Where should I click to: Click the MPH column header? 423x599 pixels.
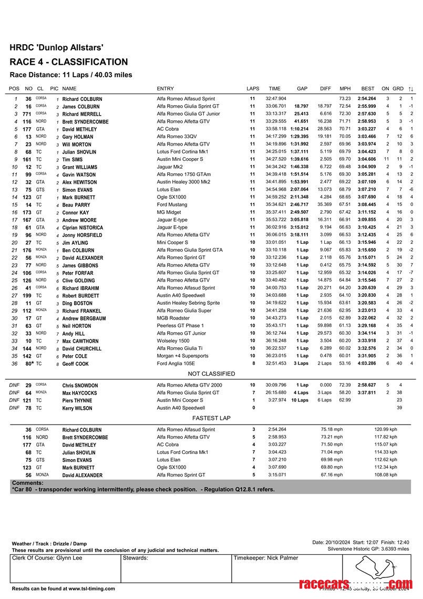(345, 89)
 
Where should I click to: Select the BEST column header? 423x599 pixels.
(368, 89)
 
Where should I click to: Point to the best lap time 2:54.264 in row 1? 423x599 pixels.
(367, 99)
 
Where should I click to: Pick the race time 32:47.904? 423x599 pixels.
(276, 99)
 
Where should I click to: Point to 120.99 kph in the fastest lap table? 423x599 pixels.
(386, 430)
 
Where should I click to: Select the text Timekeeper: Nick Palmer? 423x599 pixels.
(265, 558)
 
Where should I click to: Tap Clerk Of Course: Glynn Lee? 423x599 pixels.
(47, 558)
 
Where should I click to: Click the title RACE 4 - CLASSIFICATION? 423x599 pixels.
(68, 62)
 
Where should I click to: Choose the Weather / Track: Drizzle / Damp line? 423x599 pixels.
(49, 544)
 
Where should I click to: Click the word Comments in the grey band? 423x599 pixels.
(27, 483)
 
